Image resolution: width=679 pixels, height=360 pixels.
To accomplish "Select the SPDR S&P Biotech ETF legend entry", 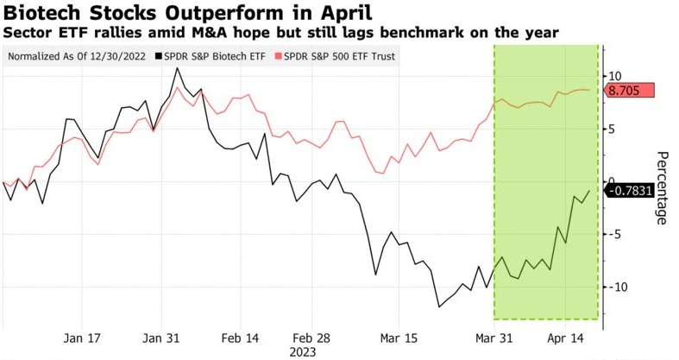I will [222, 57].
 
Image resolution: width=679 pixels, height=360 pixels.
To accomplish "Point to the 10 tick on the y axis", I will [615, 76].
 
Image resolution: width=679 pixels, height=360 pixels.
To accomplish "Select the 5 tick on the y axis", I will [612, 129].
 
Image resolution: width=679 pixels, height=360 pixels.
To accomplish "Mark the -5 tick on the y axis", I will [613, 234].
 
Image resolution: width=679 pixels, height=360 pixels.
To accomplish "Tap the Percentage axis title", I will [662, 187].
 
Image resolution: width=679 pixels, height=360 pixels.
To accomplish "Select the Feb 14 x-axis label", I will [240, 337].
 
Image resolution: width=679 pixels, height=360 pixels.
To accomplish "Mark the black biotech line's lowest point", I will [439, 306].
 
